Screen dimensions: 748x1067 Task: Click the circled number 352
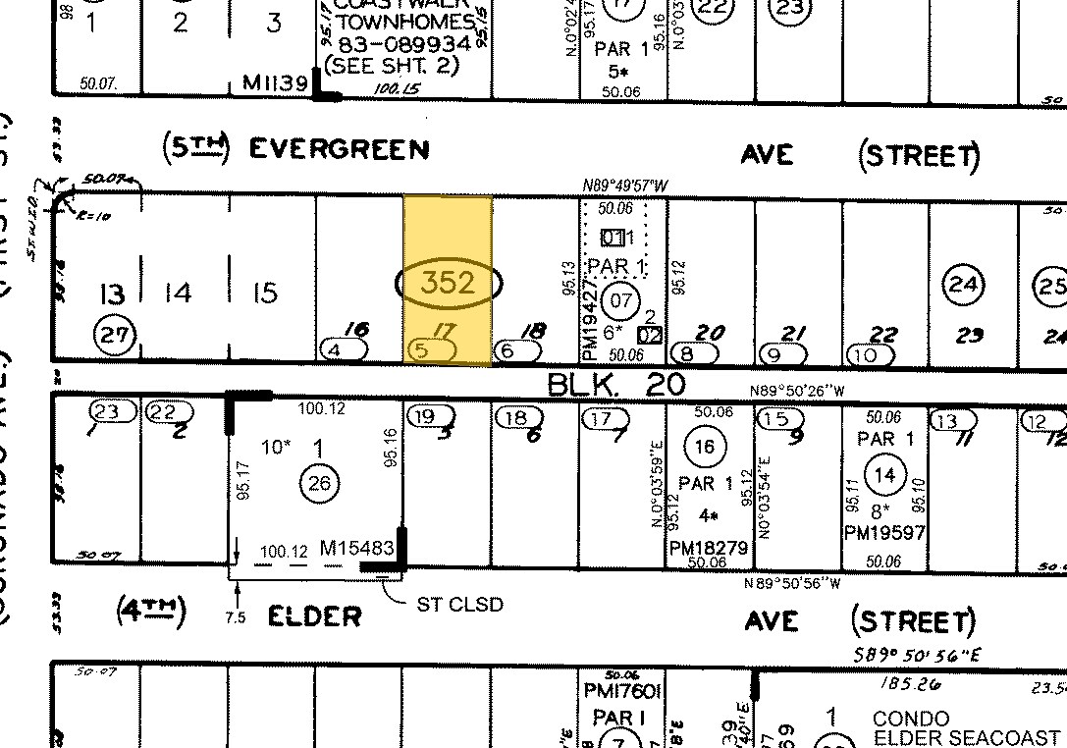point(449,284)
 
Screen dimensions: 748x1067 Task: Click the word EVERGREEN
point(339,149)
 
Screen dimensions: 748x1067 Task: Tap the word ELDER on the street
point(315,615)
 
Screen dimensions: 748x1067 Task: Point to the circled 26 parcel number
point(321,481)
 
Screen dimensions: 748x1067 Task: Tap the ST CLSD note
point(460,604)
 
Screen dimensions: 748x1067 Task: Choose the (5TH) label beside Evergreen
point(194,148)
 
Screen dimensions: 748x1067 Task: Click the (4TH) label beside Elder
point(149,614)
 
